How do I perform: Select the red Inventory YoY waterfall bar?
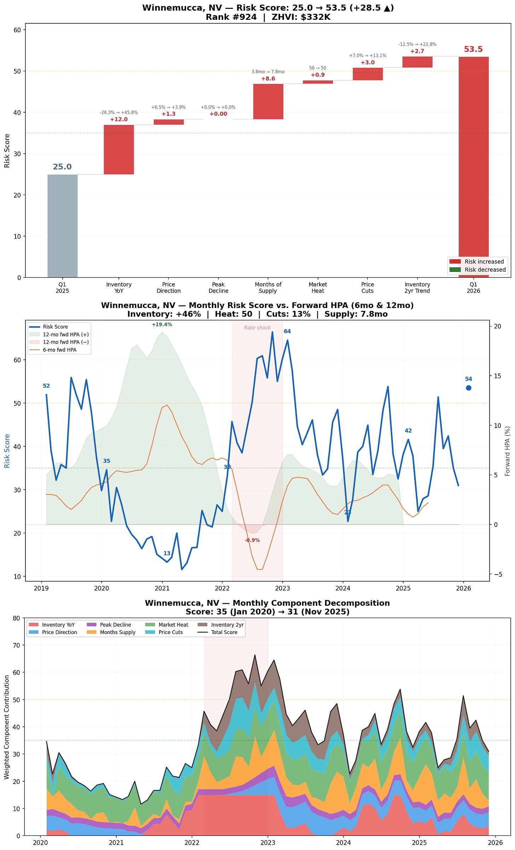point(119,149)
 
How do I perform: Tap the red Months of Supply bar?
point(268,102)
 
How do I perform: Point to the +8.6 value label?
point(268,79)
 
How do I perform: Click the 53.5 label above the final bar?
point(473,50)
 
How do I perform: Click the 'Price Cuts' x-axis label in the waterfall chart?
point(368,287)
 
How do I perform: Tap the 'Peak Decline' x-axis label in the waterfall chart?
point(218,287)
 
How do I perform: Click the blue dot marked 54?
point(469,388)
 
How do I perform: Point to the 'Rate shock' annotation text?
point(257,328)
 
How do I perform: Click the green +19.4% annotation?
point(162,325)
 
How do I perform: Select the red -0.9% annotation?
point(252,540)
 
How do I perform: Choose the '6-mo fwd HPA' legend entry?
point(59,350)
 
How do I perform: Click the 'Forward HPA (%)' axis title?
point(508,451)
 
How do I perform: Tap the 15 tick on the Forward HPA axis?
point(497,376)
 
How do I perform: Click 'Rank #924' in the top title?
point(231,17)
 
